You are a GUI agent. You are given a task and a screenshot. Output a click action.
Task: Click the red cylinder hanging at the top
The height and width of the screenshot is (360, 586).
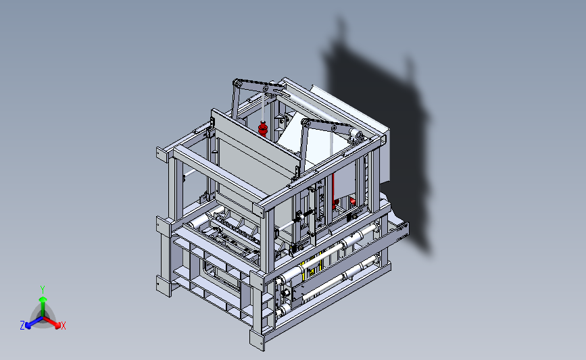(263, 128)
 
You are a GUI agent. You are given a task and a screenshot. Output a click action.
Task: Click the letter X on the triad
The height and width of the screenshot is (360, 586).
(63, 326)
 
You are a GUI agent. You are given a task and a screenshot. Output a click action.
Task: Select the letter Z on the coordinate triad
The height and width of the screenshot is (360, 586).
(22, 326)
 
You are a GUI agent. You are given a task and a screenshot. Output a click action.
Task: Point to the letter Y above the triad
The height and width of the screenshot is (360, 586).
(43, 290)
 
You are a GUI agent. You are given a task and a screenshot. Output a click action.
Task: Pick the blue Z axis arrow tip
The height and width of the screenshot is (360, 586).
(28, 326)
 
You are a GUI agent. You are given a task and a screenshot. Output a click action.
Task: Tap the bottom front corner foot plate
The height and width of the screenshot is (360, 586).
(257, 340)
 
